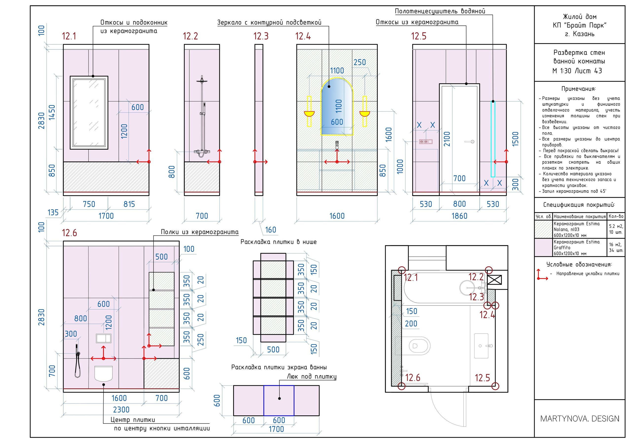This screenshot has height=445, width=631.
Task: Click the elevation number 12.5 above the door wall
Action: (418, 36)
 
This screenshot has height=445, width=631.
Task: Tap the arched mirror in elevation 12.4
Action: (337, 107)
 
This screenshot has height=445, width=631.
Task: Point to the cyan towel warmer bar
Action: (493, 139)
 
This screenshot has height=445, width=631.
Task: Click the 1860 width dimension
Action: (459, 216)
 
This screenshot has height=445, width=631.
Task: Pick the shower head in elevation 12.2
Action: (202, 81)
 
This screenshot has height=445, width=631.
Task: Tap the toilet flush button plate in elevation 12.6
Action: (104, 338)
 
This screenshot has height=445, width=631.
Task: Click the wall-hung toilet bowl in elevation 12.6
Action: (104, 373)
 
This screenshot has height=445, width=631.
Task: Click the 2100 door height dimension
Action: (447, 139)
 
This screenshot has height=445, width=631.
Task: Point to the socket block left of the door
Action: (426, 142)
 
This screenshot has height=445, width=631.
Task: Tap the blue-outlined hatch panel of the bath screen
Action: (279, 400)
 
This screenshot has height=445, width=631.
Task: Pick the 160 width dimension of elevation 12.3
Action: (270, 230)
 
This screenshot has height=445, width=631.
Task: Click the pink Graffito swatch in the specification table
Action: (543, 247)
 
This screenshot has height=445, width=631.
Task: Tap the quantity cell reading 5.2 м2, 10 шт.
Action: (616, 229)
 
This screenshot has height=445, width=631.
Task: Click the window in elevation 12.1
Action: (89, 113)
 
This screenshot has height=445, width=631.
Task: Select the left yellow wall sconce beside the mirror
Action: (309, 111)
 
